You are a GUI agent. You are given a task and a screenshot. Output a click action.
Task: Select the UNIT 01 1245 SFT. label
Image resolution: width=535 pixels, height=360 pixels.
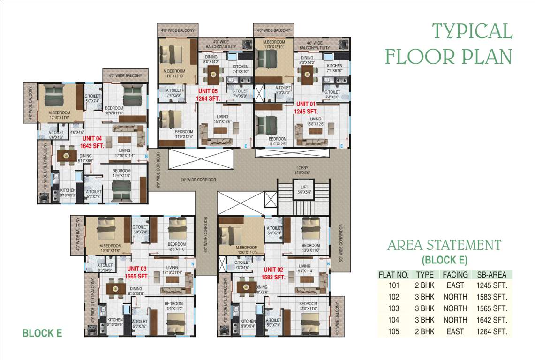tap(306, 107)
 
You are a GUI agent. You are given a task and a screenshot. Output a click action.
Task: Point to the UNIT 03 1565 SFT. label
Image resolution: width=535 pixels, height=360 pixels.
tap(137, 273)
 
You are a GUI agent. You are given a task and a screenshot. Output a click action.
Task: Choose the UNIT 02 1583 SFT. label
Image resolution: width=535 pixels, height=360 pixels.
tap(274, 273)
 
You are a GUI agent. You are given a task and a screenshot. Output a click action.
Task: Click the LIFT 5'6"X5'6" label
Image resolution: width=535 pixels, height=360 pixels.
tap(303, 189)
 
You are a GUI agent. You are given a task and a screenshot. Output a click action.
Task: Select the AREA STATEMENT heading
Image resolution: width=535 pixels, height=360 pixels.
tap(444, 245)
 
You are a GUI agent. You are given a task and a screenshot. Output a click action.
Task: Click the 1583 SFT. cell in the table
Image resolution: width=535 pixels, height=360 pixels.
tap(491, 297)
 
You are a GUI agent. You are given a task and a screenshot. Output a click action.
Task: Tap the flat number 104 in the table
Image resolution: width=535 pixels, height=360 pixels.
tap(393, 320)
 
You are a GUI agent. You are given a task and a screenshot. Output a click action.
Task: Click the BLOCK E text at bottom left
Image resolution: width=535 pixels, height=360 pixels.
tap(42, 333)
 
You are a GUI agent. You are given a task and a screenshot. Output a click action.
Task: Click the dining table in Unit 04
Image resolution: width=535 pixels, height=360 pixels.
tap(66, 154)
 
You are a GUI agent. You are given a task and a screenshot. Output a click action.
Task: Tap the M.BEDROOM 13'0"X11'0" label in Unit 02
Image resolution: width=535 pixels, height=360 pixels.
tap(247, 250)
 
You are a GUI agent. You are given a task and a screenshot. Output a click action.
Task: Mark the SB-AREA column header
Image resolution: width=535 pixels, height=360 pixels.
tap(491, 275)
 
